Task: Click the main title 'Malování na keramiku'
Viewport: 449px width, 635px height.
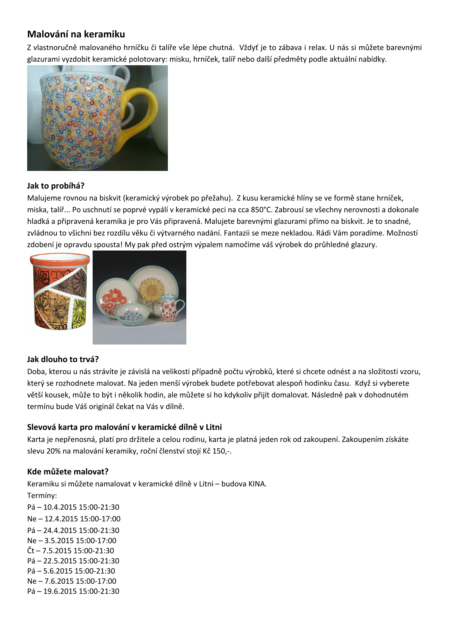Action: coord(76,34)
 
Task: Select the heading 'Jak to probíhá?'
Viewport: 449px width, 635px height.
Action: coord(56,186)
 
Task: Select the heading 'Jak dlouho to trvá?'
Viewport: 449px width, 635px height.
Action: coord(63,359)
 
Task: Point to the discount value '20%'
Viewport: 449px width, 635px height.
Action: coord(53,451)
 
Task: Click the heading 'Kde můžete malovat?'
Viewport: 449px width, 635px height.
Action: coord(68,471)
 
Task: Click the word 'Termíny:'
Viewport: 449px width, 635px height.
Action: coord(42,496)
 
